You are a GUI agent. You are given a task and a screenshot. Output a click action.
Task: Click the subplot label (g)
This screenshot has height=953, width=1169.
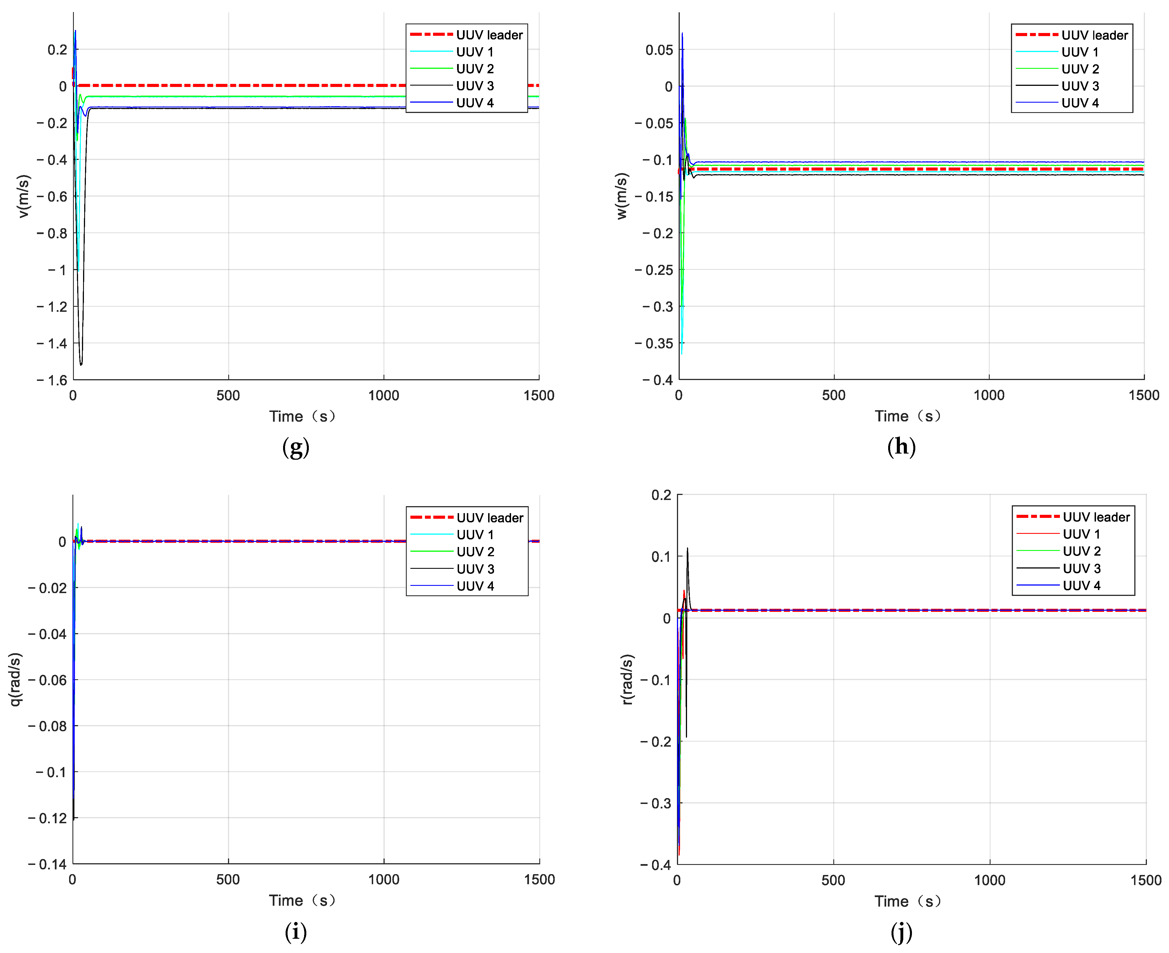pyautogui.click(x=295, y=447)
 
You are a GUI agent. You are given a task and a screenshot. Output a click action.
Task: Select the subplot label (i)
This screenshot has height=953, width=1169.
pyautogui.click(x=295, y=931)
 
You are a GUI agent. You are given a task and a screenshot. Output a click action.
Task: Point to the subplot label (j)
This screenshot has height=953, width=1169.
pyautogui.click(x=901, y=931)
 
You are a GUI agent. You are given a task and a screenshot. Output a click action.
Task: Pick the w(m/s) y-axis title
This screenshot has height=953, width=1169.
pyautogui.click(x=622, y=196)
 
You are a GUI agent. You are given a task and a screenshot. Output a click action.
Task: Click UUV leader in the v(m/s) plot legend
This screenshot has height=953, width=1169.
pyautogui.click(x=489, y=35)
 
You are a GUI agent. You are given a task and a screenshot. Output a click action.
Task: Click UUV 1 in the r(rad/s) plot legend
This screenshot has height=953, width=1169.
pyautogui.click(x=1081, y=534)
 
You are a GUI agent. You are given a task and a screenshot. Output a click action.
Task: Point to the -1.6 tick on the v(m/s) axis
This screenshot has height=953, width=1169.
pyautogui.click(x=52, y=380)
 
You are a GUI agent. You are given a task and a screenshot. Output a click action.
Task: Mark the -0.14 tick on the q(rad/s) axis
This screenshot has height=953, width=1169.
pyautogui.click(x=48, y=864)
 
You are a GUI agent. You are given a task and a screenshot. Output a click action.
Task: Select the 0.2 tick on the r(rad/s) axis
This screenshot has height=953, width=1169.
pyautogui.click(x=661, y=495)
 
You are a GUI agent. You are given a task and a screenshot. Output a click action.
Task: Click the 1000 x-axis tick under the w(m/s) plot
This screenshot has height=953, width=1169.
pyautogui.click(x=989, y=395)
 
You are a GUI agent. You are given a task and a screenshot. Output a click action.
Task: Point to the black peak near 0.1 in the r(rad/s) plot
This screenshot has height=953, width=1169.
pyautogui.click(x=687, y=549)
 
